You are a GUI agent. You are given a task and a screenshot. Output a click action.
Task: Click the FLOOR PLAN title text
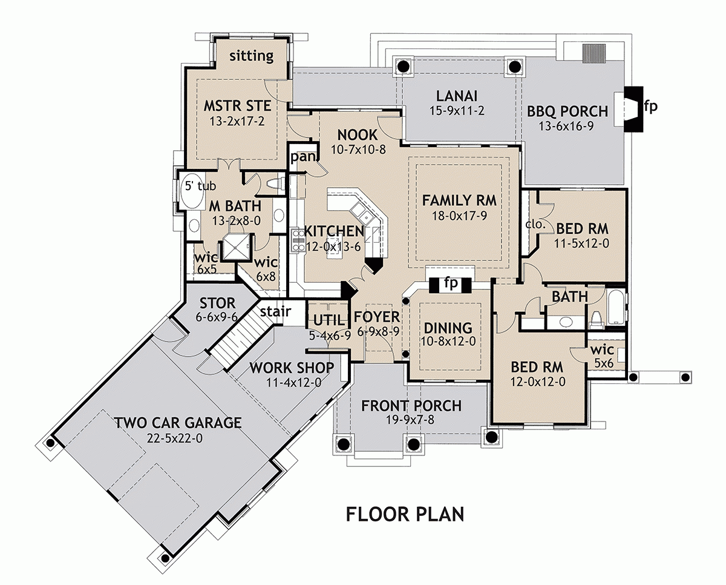click(405, 514)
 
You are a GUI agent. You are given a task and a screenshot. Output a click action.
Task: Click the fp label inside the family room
click(449, 283)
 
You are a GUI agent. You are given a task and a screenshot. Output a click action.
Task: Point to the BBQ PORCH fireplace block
click(632, 109)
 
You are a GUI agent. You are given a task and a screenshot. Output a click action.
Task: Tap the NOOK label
click(358, 134)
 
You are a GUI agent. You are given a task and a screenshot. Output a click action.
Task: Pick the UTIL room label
click(328, 320)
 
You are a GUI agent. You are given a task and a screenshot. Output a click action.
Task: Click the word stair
click(275, 312)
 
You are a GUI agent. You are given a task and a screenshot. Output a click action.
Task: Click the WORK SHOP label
click(292, 368)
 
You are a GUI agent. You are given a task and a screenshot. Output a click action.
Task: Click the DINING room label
click(448, 328)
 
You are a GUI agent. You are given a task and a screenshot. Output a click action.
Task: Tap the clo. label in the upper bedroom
click(535, 224)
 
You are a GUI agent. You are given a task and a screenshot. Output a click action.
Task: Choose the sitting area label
click(252, 56)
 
